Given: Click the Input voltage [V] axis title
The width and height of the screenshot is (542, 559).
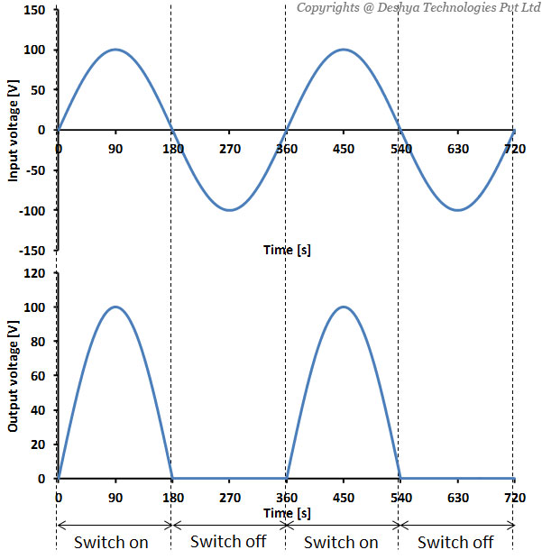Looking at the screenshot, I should click(x=14, y=130).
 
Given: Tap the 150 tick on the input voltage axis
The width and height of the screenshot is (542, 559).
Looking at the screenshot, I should click(x=37, y=11).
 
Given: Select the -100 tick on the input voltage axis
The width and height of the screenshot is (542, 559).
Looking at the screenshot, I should click(x=34, y=210).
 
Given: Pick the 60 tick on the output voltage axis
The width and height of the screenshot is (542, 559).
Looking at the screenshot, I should click(x=41, y=376).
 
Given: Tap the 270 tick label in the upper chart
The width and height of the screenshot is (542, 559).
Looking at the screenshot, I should click(x=230, y=148).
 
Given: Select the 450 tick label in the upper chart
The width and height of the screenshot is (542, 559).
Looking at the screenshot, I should click(x=344, y=148).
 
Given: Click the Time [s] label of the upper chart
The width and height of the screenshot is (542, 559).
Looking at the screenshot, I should click(x=287, y=250).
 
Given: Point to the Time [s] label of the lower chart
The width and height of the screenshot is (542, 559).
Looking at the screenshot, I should click(x=287, y=512).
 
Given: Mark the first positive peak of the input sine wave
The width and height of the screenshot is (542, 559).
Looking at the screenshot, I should click(x=115, y=50).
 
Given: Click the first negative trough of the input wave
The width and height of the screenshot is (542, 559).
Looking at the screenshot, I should click(x=230, y=210).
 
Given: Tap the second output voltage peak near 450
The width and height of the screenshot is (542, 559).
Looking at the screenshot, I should click(x=344, y=307).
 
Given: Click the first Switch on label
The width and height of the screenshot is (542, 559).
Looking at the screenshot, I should click(x=111, y=542).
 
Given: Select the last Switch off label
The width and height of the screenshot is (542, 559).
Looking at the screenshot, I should click(x=455, y=542).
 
